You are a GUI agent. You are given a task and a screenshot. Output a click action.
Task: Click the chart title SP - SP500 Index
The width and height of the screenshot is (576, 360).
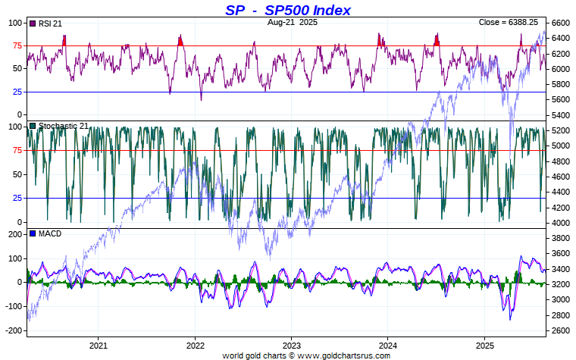pos(288,10)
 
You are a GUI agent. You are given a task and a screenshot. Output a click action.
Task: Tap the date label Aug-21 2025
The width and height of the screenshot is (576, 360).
pos(293,23)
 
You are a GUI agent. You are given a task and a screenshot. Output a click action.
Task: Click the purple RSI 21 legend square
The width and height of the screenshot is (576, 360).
pos(32,23)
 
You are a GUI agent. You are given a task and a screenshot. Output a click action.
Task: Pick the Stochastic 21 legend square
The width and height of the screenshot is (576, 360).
pos(32,126)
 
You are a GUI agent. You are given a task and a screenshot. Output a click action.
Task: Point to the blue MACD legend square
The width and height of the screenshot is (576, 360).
pos(32,233)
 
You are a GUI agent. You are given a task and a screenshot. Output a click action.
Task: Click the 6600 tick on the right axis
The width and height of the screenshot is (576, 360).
pos(561,23)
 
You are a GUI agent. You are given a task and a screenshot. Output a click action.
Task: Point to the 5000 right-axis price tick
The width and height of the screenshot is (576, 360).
pos(561,146)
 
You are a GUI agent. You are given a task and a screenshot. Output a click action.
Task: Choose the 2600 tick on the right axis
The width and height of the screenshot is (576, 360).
pos(561,330)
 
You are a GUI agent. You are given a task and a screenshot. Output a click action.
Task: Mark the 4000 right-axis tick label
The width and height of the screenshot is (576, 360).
pos(561,223)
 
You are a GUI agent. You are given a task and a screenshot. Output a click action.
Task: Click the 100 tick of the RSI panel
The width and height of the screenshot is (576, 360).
pos(15,23)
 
